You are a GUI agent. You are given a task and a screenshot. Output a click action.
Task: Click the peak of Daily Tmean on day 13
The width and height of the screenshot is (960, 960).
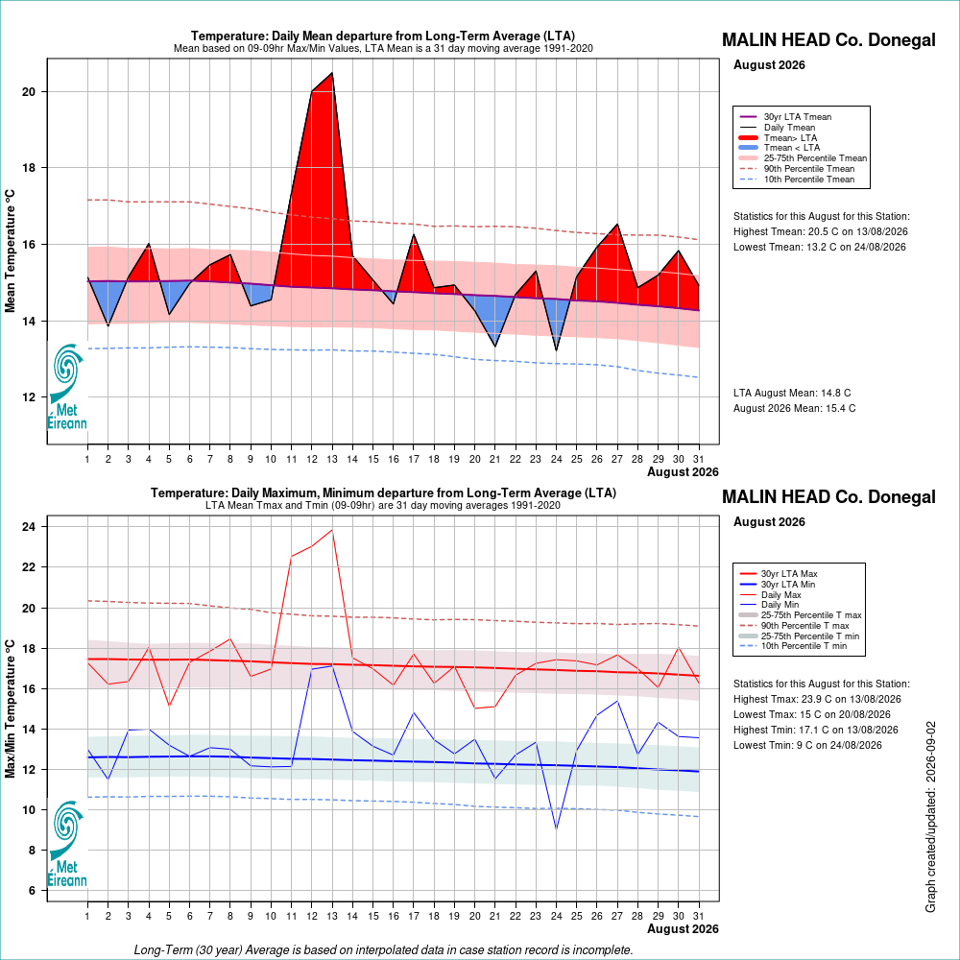(332, 73)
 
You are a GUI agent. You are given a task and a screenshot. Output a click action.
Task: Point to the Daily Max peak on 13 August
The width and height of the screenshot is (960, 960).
(332, 530)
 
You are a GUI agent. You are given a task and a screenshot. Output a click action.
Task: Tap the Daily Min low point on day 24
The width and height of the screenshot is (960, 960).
(556, 829)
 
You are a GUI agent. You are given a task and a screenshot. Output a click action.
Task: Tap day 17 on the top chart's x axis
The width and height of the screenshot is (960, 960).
(413, 459)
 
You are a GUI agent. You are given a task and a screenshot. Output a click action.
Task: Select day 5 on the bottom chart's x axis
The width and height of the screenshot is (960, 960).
(169, 916)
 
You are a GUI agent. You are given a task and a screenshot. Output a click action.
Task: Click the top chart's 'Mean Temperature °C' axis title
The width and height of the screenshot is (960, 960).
(10, 251)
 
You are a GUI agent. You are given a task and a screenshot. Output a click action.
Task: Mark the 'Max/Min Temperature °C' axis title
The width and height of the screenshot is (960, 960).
(10, 709)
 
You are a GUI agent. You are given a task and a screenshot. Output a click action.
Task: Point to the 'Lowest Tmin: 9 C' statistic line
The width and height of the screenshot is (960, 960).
(807, 745)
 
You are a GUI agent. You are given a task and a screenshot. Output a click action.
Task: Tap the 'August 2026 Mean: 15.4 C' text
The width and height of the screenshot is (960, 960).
(794, 408)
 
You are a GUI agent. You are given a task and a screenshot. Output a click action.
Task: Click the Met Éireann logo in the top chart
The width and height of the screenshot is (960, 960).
(67, 386)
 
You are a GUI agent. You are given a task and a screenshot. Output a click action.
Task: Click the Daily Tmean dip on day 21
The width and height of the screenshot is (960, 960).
(494, 347)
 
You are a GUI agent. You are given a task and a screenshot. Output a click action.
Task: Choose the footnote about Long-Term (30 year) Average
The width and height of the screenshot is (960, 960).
(383, 949)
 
